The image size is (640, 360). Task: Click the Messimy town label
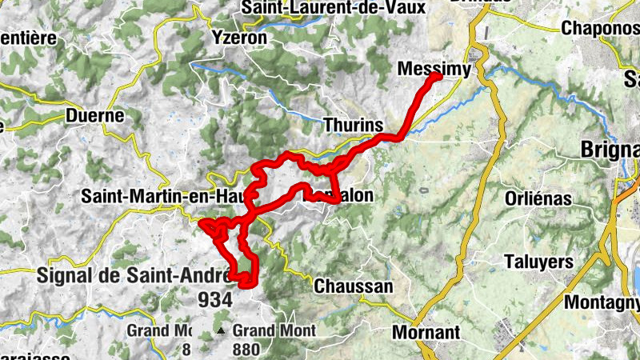433,70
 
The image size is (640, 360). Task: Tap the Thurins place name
354,126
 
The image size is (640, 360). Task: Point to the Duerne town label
95,115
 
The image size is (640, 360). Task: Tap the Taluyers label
539,262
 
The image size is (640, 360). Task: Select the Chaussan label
354,286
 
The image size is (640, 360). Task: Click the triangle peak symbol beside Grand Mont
221,330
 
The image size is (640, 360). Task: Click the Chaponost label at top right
600,27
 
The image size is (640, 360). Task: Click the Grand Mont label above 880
274,330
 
